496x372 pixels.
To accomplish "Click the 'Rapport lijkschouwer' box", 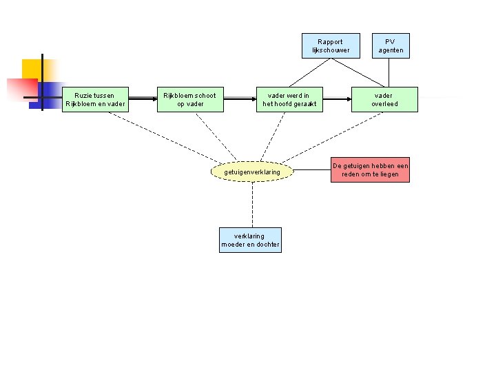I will click(x=331, y=45).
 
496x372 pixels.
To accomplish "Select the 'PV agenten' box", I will click(x=391, y=45).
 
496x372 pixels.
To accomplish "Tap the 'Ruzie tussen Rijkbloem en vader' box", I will click(x=95, y=99).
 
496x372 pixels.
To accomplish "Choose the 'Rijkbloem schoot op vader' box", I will click(x=189, y=99).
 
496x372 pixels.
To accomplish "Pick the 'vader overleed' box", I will click(x=384, y=99).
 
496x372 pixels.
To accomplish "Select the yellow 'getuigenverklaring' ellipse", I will click(x=252, y=172).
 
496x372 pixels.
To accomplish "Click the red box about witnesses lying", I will click(x=370, y=170).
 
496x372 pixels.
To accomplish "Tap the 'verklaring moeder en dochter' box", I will click(x=250, y=240).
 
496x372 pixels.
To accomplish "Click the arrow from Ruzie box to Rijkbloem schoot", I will click(x=142, y=99).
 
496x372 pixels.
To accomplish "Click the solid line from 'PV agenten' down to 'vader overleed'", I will click(x=391, y=72).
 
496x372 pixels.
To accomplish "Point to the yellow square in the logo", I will click(x=32, y=69).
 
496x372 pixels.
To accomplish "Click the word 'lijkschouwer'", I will click(x=331, y=50).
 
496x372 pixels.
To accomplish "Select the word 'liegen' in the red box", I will click(x=388, y=174).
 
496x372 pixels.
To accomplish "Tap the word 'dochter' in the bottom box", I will click(x=268, y=245).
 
